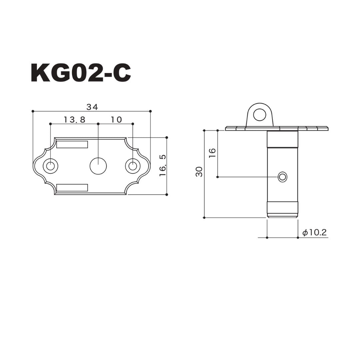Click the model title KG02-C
81,73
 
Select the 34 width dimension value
92,107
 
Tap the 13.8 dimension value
74,120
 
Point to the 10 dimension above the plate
116,120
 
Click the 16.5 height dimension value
163,165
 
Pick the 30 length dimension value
199,172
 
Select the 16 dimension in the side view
212,153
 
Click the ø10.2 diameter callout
314,233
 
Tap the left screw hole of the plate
51,166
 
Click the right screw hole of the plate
133,166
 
